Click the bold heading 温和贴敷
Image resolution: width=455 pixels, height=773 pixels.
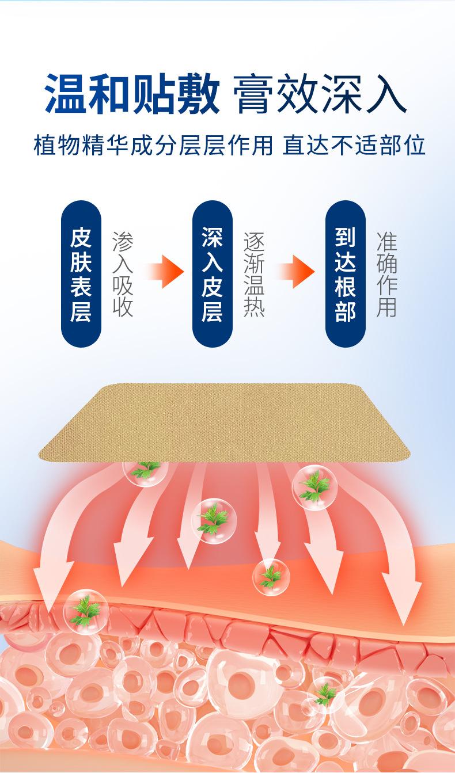[x=132, y=94]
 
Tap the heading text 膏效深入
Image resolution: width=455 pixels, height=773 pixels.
[x=320, y=94]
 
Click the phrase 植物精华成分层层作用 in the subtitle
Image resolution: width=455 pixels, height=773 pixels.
[x=153, y=145]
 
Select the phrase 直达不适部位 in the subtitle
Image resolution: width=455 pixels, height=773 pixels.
[x=354, y=145]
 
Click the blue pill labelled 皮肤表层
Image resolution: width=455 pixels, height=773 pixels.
[x=81, y=273]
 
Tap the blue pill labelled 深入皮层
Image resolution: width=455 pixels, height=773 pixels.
[x=212, y=273]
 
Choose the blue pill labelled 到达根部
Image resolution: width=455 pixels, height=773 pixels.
[x=345, y=273]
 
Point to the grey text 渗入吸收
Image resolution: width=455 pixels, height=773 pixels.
[x=123, y=275]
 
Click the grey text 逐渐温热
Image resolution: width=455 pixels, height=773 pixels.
[x=254, y=275]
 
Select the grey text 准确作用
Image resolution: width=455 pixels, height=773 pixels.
[x=386, y=275]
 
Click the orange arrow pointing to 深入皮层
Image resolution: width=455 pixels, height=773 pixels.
[x=165, y=270]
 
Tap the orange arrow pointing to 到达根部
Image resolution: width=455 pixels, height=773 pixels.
[x=297, y=270]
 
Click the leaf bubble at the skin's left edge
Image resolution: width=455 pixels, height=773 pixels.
[x=85, y=611]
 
